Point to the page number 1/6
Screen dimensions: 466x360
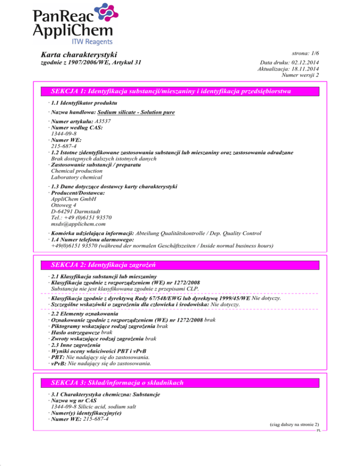(x=315, y=54)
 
